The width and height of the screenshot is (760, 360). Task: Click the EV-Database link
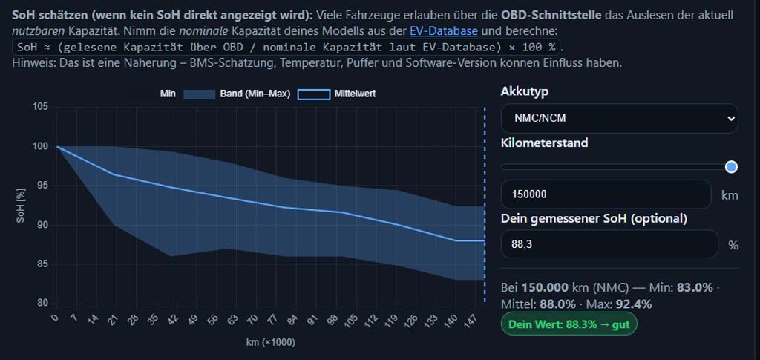tap(443, 31)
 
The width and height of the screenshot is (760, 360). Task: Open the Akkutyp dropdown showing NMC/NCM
tap(620, 118)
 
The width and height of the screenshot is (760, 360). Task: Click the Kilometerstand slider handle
tap(731, 167)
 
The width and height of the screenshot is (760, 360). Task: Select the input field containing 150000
tap(606, 194)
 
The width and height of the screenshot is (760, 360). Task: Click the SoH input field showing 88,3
tap(609, 244)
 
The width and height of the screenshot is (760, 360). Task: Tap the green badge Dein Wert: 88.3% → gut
tap(569, 324)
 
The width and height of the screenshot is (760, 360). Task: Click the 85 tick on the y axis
tap(42, 264)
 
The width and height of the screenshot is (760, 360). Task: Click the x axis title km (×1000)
tap(271, 344)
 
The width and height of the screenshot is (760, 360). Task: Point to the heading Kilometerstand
tap(544, 143)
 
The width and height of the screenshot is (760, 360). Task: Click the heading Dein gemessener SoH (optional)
tap(594, 218)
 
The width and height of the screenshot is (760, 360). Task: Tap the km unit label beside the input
tap(729, 195)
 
